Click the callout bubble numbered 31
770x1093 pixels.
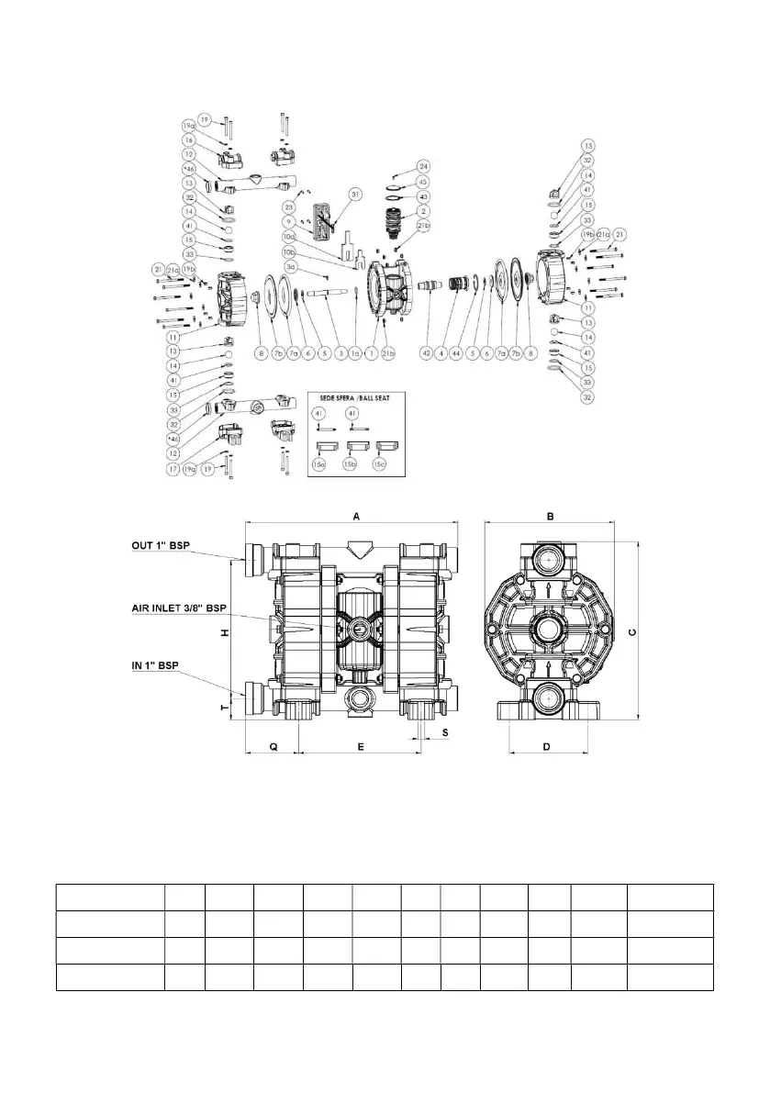(354, 195)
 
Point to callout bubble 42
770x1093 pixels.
(426, 352)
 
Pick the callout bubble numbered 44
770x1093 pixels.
(456, 352)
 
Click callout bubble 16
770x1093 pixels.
(187, 140)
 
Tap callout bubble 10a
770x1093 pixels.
(289, 237)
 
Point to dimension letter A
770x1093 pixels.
(356, 517)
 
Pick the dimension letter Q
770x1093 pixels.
(273, 748)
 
